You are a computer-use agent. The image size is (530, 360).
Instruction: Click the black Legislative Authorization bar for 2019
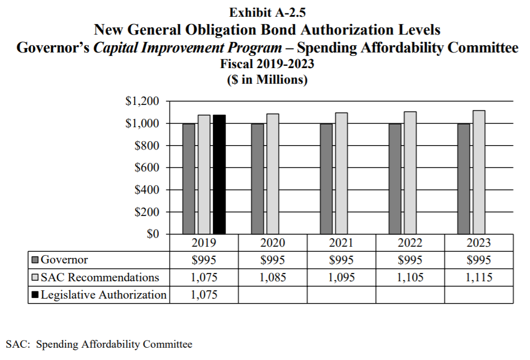(219, 174)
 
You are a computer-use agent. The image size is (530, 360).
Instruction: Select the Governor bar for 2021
(326, 179)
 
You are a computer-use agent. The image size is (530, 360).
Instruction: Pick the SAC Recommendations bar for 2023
(479, 172)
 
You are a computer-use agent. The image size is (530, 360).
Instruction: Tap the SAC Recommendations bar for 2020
(273, 174)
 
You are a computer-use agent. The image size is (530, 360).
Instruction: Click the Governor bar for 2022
(395, 179)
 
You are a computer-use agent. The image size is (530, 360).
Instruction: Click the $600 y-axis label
(147, 167)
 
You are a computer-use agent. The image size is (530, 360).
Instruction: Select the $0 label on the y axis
(153, 234)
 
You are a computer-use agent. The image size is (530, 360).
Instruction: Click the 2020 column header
(273, 243)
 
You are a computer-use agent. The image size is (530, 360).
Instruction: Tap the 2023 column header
(479, 243)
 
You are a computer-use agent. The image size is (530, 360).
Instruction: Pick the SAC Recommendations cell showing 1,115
(479, 277)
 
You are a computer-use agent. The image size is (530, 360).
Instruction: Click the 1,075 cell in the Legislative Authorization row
(204, 295)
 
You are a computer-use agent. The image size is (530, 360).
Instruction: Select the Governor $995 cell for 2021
(341, 260)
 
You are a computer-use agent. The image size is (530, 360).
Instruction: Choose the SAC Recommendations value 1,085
(273, 277)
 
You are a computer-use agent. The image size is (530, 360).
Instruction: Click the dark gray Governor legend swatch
(35, 260)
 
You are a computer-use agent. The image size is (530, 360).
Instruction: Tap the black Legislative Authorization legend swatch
(35, 295)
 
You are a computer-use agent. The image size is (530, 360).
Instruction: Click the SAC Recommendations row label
(100, 277)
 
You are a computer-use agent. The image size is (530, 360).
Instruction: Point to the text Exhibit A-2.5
(268, 12)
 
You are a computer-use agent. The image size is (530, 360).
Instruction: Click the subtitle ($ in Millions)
(267, 79)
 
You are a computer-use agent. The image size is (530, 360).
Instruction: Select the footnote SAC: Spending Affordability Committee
(99, 344)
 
